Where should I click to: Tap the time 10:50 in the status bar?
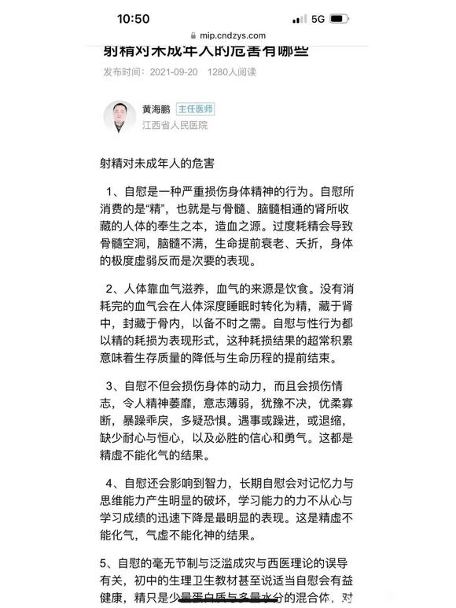tap(133, 18)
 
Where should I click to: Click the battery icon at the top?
tap(339, 18)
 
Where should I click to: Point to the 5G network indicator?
tap(318, 18)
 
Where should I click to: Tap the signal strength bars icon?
tap(299, 18)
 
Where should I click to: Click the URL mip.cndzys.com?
tap(233, 35)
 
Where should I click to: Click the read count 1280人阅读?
tap(232, 72)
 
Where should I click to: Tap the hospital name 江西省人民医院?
tap(175, 126)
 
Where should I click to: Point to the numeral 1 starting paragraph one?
tap(111, 191)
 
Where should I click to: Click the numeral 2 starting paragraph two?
tap(111, 289)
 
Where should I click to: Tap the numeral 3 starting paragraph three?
tap(111, 386)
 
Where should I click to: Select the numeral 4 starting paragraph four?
tap(111, 483)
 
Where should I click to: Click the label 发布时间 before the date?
tap(123, 72)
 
